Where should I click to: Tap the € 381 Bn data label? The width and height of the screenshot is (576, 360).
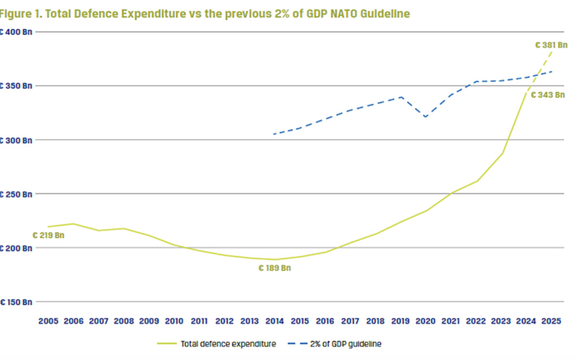point(551,45)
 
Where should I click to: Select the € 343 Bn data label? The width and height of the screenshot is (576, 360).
point(548,95)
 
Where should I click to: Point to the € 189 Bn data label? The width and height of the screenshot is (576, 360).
point(274,268)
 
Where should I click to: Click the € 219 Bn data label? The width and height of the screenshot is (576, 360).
point(48,235)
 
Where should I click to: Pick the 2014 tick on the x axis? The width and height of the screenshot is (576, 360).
point(274,321)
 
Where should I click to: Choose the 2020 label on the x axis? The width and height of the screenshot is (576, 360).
point(425,321)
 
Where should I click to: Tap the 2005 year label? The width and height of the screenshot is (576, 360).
point(48,321)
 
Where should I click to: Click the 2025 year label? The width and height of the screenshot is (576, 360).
point(551,321)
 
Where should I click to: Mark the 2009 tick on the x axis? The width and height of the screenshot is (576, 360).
point(149,321)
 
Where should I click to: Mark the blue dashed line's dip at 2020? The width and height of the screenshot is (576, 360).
point(425,117)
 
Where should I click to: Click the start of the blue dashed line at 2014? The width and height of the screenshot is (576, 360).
point(274,134)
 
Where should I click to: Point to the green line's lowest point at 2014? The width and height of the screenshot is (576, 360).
point(275,260)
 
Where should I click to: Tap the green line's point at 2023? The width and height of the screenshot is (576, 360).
point(502,153)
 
